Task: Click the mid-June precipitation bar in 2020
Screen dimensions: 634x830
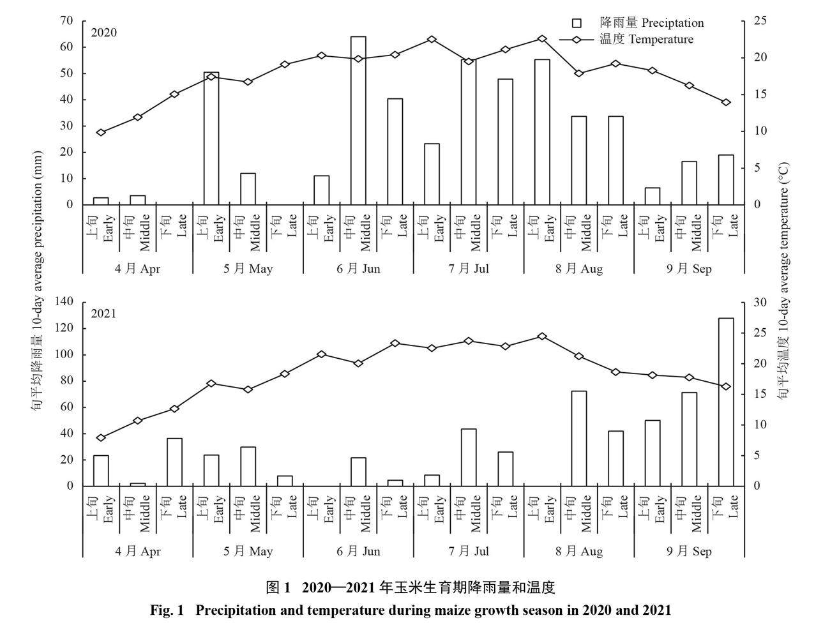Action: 358,121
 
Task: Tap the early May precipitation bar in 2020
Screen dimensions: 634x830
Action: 211,139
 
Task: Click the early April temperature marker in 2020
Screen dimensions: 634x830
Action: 101,132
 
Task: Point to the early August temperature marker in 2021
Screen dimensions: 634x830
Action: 542,336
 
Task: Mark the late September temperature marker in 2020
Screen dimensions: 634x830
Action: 726,102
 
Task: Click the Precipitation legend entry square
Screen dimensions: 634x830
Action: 577,24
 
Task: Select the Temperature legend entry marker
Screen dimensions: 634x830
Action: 577,40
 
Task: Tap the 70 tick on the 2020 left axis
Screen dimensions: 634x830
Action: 67,20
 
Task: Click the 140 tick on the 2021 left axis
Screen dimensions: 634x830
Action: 64,301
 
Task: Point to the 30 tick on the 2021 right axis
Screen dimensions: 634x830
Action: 758,301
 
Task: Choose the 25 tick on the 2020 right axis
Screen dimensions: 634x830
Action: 758,20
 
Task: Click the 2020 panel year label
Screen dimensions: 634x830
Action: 103,33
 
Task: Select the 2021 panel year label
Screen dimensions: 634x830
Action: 103,313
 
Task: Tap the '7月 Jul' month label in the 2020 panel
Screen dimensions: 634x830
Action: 469,269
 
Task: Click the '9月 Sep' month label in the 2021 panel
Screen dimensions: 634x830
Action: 689,552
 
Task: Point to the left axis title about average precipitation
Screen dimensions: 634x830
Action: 38,281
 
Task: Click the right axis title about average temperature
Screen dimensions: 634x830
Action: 783,281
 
